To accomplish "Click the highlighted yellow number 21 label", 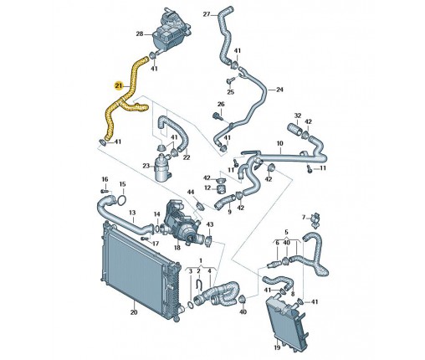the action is (119, 85).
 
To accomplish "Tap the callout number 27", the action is (207, 14).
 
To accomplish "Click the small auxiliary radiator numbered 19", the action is (287, 320).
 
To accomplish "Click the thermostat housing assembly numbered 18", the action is (182, 224).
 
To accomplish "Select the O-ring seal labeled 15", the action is (122, 200).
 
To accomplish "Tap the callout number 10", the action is (279, 143).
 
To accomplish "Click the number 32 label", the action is (298, 116).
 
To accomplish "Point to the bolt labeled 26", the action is (218, 116).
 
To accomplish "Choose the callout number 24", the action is (279, 90).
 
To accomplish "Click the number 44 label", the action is (191, 192).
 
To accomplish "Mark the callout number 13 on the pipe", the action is (132, 213).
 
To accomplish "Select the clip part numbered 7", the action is (315, 220).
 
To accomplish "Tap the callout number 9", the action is (229, 212).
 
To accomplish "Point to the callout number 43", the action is (210, 224).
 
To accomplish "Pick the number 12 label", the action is (207, 188).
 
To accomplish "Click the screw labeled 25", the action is (231, 81).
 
